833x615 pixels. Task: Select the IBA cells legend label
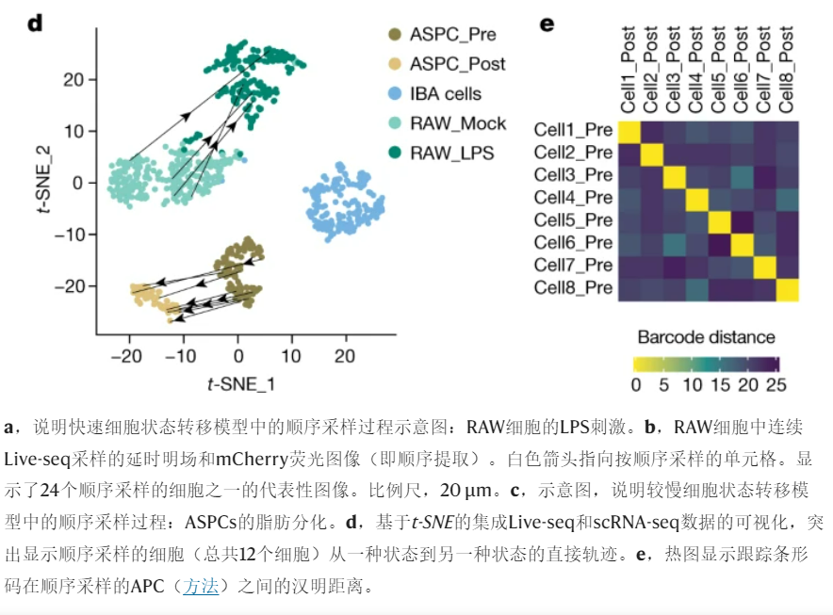tap(445, 93)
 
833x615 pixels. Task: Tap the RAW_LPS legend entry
tap(451, 153)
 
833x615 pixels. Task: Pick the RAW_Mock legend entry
tap(457, 123)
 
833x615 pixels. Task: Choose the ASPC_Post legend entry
tap(457, 64)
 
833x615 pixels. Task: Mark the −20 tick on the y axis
tap(71, 285)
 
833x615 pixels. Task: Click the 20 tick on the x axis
tap(345, 356)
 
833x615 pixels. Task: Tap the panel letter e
tap(547, 23)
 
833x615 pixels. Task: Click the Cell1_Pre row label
tap(574, 130)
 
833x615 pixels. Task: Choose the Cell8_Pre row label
tap(574, 288)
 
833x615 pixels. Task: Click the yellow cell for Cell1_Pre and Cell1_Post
tap(629, 131)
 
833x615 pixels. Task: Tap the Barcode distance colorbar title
tap(706, 337)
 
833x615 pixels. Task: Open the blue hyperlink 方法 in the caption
tap(201, 587)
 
